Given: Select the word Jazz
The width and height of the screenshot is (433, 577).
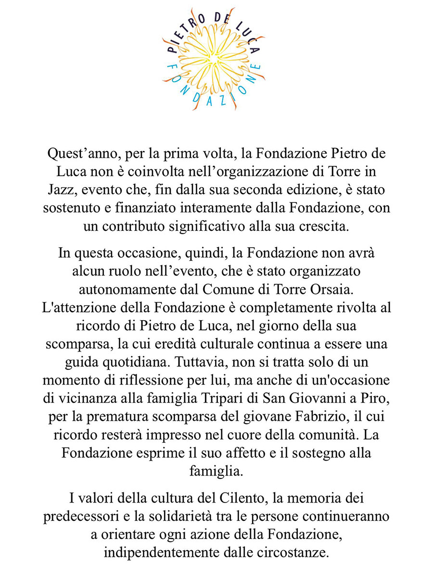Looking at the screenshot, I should (x=62, y=191).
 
